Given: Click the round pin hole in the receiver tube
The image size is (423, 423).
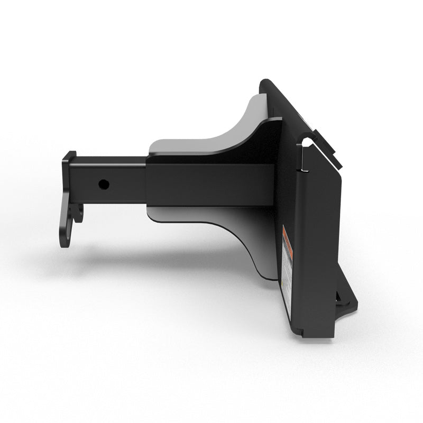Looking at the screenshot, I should point(104,185).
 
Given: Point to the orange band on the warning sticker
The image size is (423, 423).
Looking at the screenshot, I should point(285,236).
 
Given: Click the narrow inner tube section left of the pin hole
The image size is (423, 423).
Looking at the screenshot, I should point(87,182).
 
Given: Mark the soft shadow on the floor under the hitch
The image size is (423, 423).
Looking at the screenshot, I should point(159,259).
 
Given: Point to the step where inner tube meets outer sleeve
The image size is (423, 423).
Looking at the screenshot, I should point(146,180).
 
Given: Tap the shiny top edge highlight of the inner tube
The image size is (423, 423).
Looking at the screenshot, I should point(111,157).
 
